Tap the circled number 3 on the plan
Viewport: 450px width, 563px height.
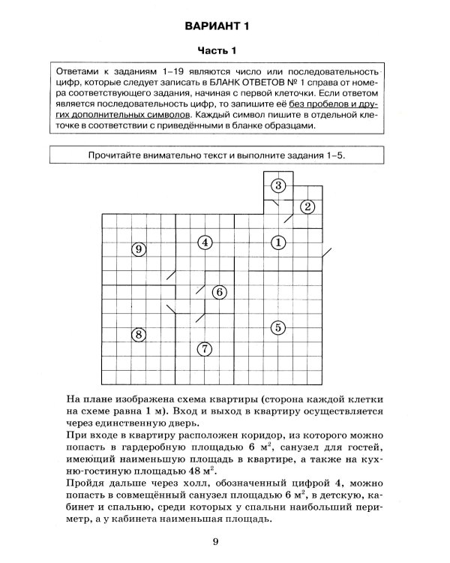(x=278, y=185)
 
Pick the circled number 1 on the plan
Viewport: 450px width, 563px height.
(x=277, y=242)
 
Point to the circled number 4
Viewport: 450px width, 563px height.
(x=205, y=242)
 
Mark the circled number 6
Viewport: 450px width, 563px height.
(x=218, y=292)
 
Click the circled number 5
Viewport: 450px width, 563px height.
(x=277, y=327)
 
